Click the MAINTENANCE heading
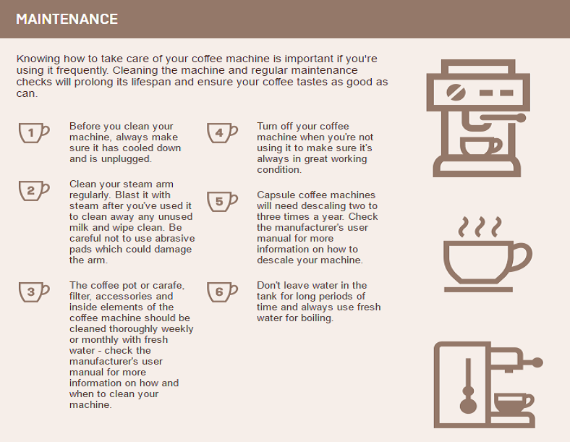point(67,19)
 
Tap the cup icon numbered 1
point(34,132)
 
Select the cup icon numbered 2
point(34,191)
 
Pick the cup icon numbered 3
point(34,292)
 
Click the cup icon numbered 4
point(222,132)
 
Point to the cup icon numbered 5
point(222,202)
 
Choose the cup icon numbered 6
point(222,292)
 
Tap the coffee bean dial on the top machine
point(456,93)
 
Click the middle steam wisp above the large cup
point(480,227)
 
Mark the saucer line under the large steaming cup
point(478,289)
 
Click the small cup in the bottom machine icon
point(514,403)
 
